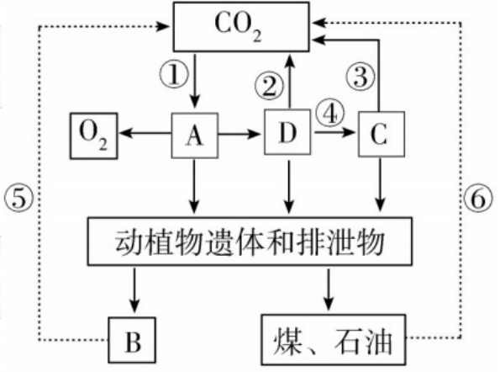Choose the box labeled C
tap(382, 133)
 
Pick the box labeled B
tap(133, 343)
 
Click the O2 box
tap(92, 133)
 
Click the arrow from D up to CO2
tap(289, 81)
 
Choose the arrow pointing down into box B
tap(133, 295)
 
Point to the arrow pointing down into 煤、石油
tap(329, 295)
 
